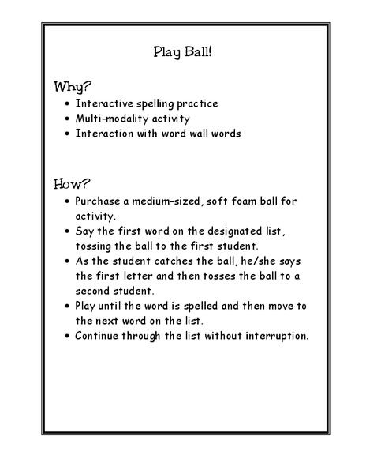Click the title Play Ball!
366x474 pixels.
pos(182,53)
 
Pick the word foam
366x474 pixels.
pos(248,201)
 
